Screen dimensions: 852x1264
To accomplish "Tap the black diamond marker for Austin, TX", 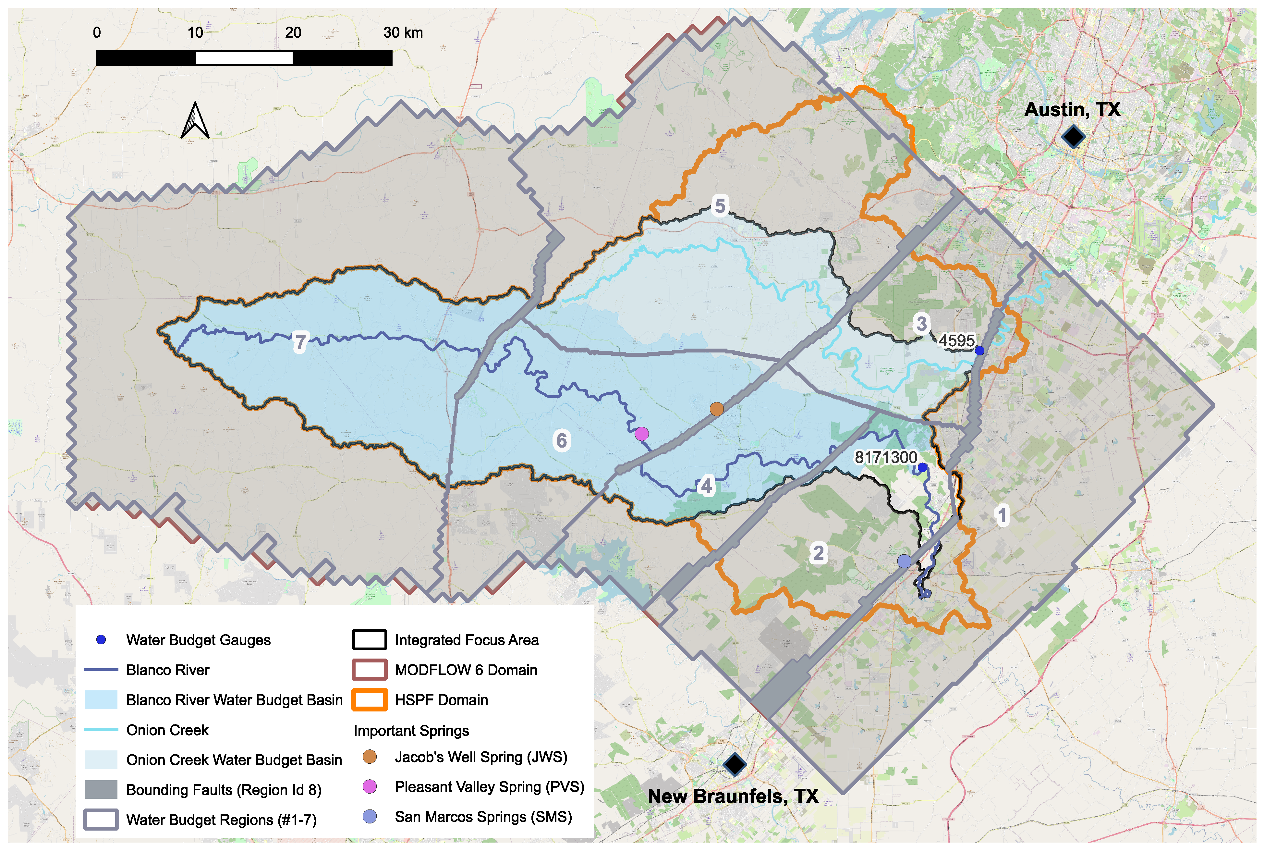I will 1073,136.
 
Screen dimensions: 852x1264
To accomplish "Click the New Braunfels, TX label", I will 733,796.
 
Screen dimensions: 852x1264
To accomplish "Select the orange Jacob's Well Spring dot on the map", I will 716,409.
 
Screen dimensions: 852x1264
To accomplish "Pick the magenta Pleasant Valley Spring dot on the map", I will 641,434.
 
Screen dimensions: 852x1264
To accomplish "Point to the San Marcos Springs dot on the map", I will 904,561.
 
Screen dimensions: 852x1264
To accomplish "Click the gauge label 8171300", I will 885,458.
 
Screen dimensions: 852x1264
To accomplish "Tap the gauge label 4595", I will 956,341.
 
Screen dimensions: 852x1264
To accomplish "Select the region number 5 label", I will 720,206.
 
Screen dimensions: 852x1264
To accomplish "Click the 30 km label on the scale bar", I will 403,32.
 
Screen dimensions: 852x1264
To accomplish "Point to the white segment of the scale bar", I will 244,57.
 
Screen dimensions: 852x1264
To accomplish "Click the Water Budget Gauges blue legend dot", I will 101,640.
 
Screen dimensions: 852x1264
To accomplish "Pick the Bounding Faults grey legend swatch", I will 101,789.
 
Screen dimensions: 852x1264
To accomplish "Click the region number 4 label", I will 706,486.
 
